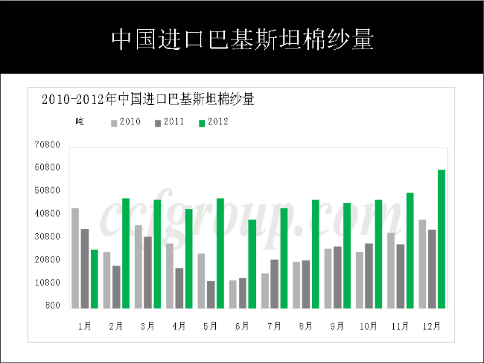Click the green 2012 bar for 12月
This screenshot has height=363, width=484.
pyautogui.click(x=442, y=239)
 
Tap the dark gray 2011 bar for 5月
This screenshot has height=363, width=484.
pyautogui.click(x=211, y=295)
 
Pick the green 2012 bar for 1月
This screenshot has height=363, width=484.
pyautogui.click(x=94, y=279)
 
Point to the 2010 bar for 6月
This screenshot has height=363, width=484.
pyautogui.click(x=233, y=294)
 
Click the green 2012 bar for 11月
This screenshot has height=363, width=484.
pyautogui.click(x=410, y=250)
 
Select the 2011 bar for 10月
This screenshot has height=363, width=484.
pyautogui.click(x=369, y=275)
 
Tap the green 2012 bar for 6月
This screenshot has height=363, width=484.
pyautogui.click(x=252, y=263)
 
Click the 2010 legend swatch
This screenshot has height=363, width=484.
pyautogui.click(x=114, y=122)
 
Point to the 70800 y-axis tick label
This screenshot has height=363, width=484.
pyautogui.click(x=47, y=145)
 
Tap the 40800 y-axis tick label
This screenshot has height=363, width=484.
pyautogui.click(x=47, y=214)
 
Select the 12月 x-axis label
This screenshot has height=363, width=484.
pyautogui.click(x=431, y=326)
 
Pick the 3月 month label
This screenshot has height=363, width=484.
pyautogui.click(x=147, y=326)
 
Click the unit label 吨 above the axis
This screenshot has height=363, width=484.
pyautogui.click(x=79, y=122)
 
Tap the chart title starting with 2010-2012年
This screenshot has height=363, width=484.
pyautogui.click(x=148, y=99)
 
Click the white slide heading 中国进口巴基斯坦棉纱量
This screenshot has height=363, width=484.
pyautogui.click(x=242, y=39)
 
